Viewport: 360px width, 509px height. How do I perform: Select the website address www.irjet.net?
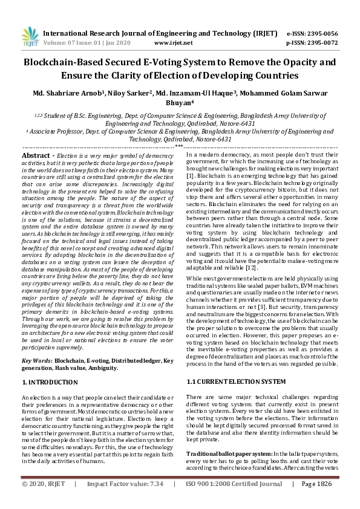[174, 43]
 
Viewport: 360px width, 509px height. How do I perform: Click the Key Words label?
[36, 360]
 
